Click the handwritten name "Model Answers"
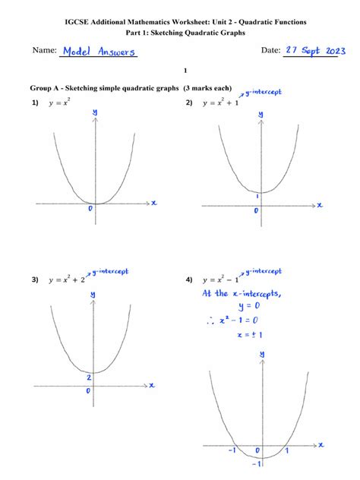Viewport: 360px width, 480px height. (99, 52)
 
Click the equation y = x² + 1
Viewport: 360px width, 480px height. (220, 103)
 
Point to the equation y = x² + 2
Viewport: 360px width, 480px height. (66, 279)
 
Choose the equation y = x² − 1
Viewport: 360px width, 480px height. (221, 279)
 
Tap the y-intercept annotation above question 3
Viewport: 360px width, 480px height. (109, 270)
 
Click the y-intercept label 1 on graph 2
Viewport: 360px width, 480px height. (257, 196)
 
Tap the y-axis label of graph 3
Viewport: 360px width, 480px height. (93, 294)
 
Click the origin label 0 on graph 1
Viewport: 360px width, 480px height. (90, 208)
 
